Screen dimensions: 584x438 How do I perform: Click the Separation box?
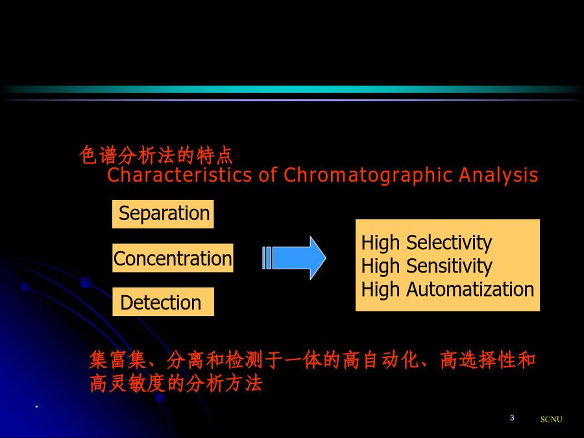163,214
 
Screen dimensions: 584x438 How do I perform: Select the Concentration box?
173,258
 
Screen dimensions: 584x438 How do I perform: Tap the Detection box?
163,302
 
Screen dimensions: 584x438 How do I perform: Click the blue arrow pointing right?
294,258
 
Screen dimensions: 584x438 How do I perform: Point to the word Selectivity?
449,243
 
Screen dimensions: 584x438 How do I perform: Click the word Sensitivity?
449,266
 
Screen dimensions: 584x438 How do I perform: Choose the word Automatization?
470,289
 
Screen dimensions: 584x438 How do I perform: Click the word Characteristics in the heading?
180,175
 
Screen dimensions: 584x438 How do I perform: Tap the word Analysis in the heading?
498,175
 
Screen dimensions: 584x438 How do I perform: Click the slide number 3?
512,417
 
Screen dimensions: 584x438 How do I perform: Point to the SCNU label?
551,419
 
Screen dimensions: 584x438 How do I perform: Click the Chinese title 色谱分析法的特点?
156,155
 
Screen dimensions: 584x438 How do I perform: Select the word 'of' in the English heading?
268,175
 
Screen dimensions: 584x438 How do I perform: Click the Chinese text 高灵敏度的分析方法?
176,383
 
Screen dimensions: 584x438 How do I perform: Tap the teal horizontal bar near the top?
292,90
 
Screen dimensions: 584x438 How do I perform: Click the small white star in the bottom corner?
36,407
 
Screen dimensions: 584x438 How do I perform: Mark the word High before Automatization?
381,290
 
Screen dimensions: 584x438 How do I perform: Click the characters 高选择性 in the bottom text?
478,359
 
